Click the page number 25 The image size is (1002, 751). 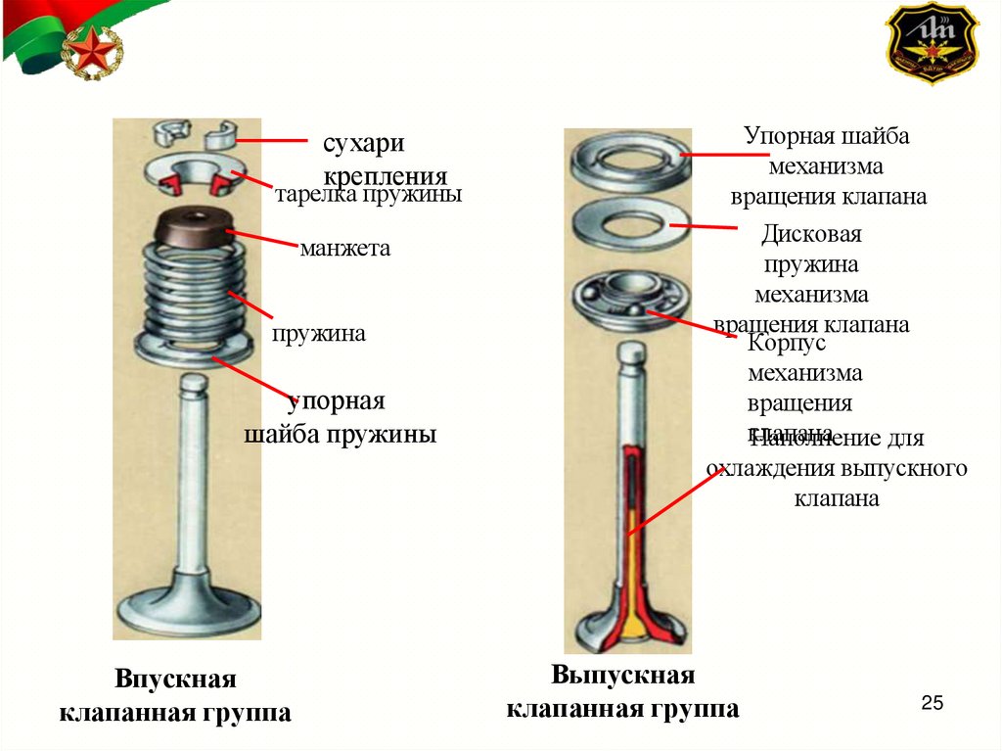click(x=932, y=703)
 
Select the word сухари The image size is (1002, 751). click(x=363, y=144)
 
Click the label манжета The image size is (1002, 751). click(x=344, y=248)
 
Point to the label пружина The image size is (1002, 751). click(x=319, y=334)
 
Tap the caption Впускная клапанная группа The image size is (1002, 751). click(x=176, y=695)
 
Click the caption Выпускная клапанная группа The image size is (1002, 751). click(x=622, y=690)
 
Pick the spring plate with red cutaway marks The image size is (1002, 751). click(x=196, y=174)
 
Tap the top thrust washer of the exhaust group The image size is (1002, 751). click(x=626, y=154)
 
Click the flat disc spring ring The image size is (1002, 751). click(x=626, y=224)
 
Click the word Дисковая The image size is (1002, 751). click(x=810, y=236)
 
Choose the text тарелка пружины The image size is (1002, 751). click(x=367, y=195)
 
